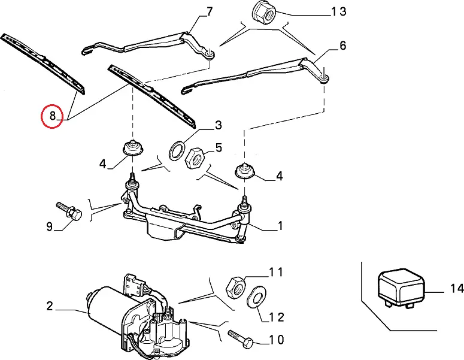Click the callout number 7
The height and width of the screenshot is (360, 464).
209,12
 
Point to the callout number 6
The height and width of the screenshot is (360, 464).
342,46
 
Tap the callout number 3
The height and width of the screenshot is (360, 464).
219,125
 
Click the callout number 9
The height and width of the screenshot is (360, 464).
50,226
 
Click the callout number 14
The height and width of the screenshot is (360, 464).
457,289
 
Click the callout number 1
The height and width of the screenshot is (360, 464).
280,226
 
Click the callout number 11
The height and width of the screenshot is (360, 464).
275,273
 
